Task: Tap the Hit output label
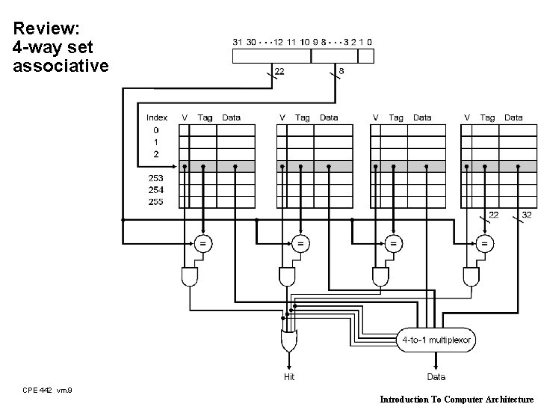pyautogui.click(x=288, y=377)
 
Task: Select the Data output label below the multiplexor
pyautogui.click(x=436, y=377)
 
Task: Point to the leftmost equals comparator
pyautogui.click(x=202, y=242)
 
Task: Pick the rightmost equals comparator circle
pyautogui.click(x=486, y=242)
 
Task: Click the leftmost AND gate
pyautogui.click(x=190, y=277)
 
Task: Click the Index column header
pyautogui.click(x=157, y=117)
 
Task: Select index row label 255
pyautogui.click(x=155, y=202)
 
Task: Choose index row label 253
pyautogui.click(x=155, y=178)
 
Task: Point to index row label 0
pyautogui.click(x=155, y=129)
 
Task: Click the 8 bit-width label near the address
pyautogui.click(x=341, y=71)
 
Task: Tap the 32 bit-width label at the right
pyautogui.click(x=526, y=215)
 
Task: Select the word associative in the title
pyautogui.click(x=61, y=66)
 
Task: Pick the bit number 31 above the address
pyautogui.click(x=238, y=42)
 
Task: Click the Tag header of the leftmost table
pyautogui.click(x=205, y=117)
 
